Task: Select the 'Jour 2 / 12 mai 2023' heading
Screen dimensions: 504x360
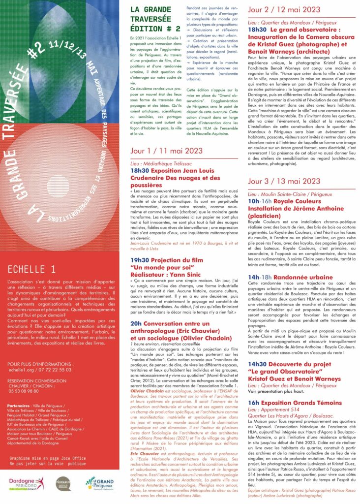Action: point(284,10)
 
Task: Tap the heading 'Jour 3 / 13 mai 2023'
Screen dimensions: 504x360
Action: point(284,182)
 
